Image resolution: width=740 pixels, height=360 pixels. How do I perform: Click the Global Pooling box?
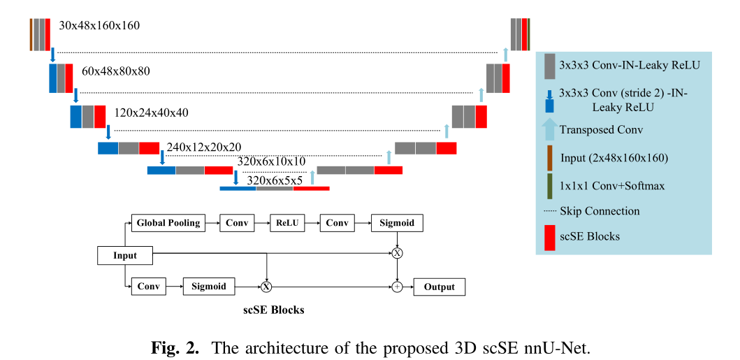[x=168, y=223]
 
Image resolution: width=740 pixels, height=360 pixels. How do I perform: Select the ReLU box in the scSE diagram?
[x=286, y=223]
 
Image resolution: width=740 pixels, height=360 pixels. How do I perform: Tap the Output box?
[x=439, y=287]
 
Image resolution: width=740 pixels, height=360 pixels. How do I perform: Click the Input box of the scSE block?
[x=125, y=255]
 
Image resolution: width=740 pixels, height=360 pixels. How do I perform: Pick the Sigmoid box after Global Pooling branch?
[x=397, y=223]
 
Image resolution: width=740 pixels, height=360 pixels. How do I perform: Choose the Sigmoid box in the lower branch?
[x=209, y=287]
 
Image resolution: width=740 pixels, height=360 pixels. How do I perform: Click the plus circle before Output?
[x=397, y=287]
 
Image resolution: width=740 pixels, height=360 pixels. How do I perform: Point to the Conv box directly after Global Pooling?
[x=235, y=223]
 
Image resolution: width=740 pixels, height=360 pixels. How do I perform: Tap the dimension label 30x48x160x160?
[x=99, y=26]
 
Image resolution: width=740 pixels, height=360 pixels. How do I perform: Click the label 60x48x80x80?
[x=116, y=71]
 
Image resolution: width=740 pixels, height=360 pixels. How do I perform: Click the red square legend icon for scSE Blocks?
[x=549, y=236]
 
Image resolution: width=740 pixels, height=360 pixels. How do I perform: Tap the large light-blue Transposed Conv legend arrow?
[x=549, y=129]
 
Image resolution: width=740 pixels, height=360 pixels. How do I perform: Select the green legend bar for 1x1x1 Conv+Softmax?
[x=549, y=185]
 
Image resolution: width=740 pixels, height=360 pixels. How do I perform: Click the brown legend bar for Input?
[x=549, y=157]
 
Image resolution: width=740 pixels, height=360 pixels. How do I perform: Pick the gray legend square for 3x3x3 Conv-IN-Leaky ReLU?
[x=549, y=65]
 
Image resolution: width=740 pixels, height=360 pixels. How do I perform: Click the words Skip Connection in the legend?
[x=600, y=211]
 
